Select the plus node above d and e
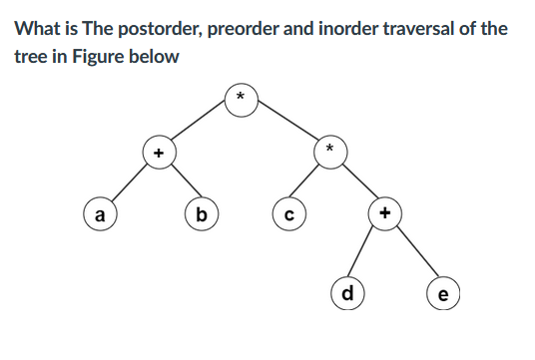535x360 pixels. click(385, 211)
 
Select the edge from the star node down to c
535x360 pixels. click(307, 182)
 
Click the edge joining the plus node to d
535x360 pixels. click(365, 253)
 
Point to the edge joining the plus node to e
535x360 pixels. click(412, 253)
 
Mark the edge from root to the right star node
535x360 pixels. click(285, 125)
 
